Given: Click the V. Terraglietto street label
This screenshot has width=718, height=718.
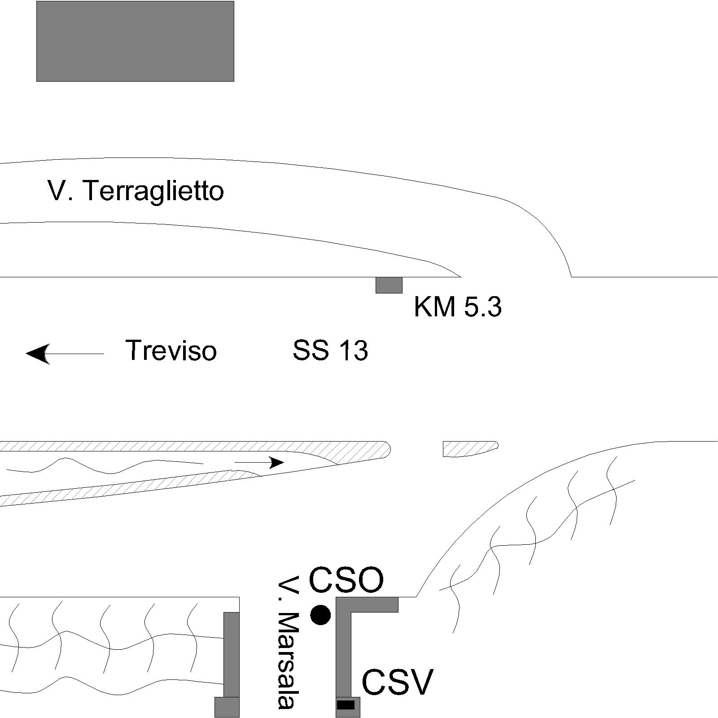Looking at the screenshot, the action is click(136, 191).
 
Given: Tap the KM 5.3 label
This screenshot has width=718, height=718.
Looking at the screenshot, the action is click(458, 307).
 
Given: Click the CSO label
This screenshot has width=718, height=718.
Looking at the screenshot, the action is click(346, 580).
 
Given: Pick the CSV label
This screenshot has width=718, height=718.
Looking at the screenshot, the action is click(397, 682).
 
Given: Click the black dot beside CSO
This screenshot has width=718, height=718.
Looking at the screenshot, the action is click(320, 615).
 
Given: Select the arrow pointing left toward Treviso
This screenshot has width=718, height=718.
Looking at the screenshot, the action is click(65, 354).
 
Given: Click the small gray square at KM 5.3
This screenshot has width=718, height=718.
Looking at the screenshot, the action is click(389, 285).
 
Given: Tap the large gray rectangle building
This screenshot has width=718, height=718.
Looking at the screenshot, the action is click(135, 41).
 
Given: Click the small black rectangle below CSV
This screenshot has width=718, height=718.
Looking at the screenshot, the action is click(346, 705).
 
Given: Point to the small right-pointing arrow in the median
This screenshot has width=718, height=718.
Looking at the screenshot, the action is click(259, 462).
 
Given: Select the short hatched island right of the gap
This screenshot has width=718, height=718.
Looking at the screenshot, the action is click(469, 448).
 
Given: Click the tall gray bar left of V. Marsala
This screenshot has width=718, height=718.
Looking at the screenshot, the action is click(232, 654).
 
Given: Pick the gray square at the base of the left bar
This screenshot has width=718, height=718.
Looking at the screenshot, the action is click(227, 707).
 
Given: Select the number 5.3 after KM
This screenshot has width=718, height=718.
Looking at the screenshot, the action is click(482, 307).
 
